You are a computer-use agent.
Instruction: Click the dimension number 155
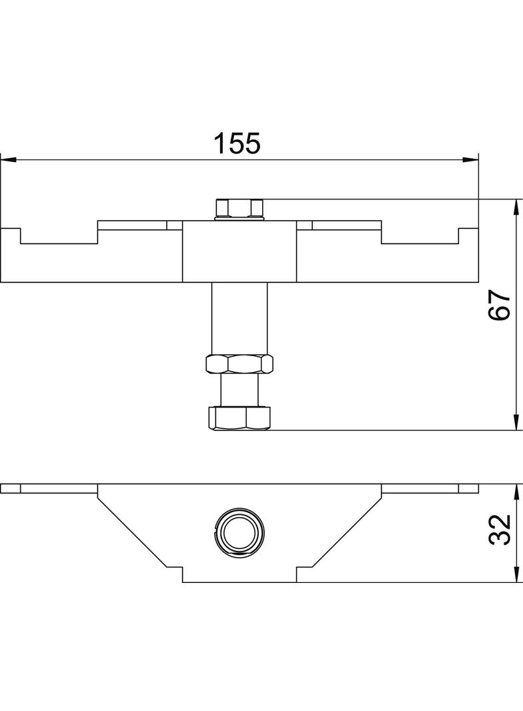pyautogui.click(x=237, y=143)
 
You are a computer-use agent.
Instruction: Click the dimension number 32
pyautogui.click(x=500, y=529)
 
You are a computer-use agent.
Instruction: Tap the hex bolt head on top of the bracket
pyautogui.click(x=239, y=208)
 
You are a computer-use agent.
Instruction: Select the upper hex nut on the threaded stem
pyautogui.click(x=239, y=364)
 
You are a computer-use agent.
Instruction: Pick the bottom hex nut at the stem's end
pyautogui.click(x=239, y=418)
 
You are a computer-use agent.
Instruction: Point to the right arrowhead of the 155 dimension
pyautogui.click(x=470, y=159)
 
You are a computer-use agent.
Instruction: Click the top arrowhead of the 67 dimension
pyautogui.click(x=516, y=207)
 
